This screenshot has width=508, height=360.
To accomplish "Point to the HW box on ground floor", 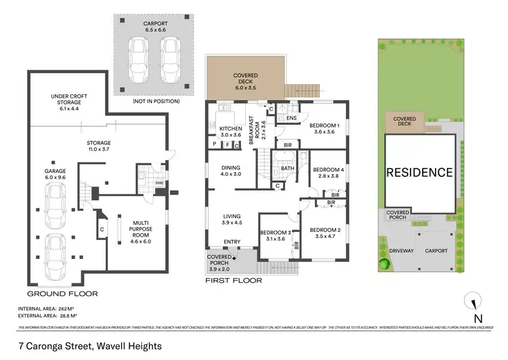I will (159, 183).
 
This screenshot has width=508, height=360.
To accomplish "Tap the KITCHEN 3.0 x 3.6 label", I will (232, 132).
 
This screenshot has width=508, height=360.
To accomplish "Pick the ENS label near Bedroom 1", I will (291, 119).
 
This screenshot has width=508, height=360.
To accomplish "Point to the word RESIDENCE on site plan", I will (419, 172).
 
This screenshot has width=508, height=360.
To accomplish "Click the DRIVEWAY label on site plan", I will (401, 251).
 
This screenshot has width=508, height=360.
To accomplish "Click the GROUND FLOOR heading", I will (62, 294).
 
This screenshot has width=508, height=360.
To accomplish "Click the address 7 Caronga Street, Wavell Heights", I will (90, 346).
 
